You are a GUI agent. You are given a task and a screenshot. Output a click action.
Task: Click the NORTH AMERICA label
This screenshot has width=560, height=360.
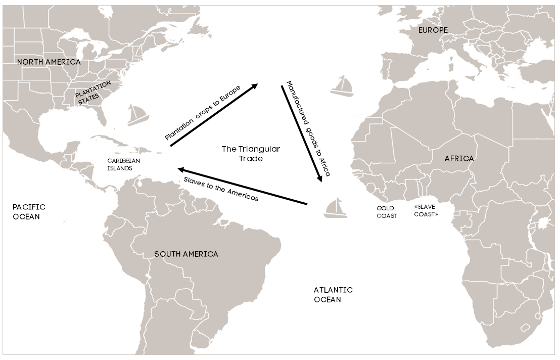point(49,62)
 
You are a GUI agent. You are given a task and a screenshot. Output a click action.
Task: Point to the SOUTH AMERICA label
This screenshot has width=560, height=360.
point(186,254)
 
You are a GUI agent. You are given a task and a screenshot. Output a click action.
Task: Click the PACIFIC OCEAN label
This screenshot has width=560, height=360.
point(29,211)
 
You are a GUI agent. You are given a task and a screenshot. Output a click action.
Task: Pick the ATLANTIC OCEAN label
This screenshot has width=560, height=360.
point(333,295)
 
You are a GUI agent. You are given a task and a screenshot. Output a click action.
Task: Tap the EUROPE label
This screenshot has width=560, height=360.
point(433,30)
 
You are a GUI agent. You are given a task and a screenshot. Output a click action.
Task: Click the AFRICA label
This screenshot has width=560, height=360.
point(459,159)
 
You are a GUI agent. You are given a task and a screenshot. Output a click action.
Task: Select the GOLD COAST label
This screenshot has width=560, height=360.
point(387,212)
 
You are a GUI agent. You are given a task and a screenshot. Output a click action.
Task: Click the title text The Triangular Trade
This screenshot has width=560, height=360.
point(251,154)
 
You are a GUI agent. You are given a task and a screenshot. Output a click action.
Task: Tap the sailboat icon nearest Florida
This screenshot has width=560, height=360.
point(137,115)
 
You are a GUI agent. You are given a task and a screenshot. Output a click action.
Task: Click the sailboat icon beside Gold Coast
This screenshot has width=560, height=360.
point(336,208)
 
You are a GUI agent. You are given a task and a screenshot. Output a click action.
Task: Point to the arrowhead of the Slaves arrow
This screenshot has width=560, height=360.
point(180,170)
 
